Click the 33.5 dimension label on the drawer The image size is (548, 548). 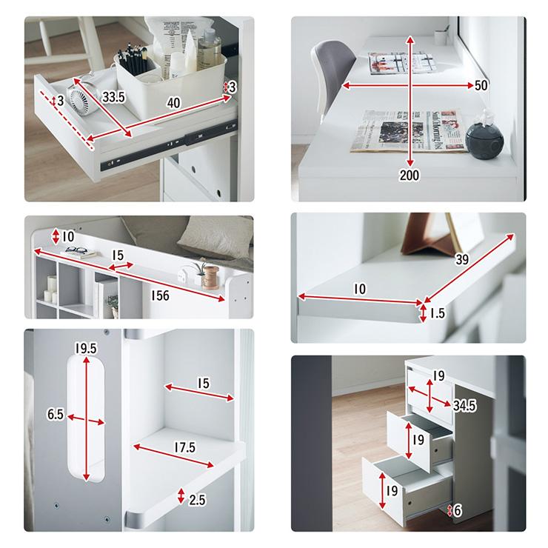coord(113,97)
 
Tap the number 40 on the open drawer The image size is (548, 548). coord(174,103)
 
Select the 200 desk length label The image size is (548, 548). coord(410,175)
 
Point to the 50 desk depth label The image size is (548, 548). coord(481,85)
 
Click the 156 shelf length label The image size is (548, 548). coord(160,295)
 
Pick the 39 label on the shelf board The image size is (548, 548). coord(461,260)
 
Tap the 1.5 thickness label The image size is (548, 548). coord(437,313)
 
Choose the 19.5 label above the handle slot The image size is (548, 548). coord(86,348)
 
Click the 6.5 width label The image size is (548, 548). coord(56,415)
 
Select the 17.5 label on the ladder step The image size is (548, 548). coord(185,447)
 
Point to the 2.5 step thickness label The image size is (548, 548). coord(197,500)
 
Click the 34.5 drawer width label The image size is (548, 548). coord(464,406)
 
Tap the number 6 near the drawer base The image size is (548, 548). coord(458,511)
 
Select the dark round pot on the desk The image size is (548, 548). coord(484,139)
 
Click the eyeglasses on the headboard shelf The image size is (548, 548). coord(76,250)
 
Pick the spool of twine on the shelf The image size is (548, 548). coord(211,278)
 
